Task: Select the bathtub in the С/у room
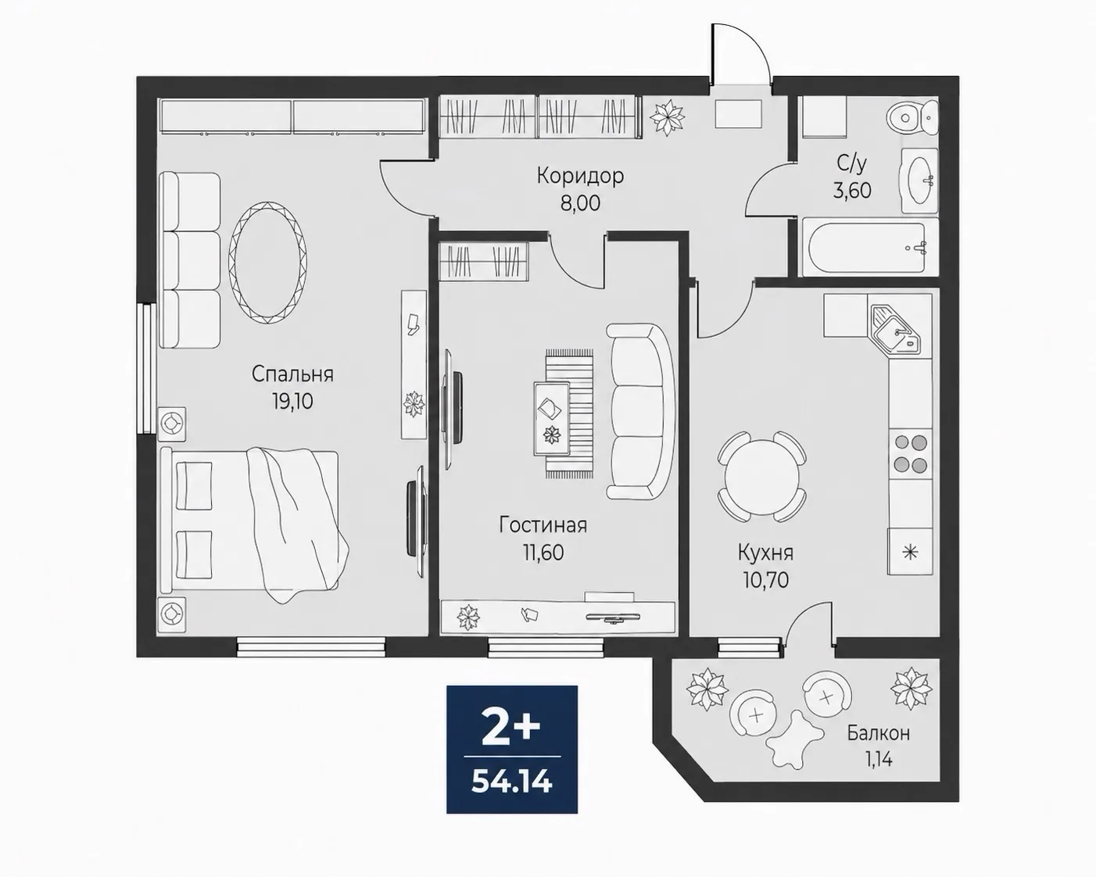(x=870, y=248)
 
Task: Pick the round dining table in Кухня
(x=762, y=475)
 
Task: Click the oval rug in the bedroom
(x=268, y=263)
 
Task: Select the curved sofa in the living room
(x=640, y=411)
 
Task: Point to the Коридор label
(x=580, y=176)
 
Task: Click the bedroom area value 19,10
(x=292, y=402)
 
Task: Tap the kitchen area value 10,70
(x=765, y=580)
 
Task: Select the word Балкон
(x=879, y=733)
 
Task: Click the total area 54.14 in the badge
(x=512, y=782)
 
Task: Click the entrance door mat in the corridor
(x=738, y=113)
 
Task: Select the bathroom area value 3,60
(x=852, y=191)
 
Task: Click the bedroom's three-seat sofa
(x=189, y=260)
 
